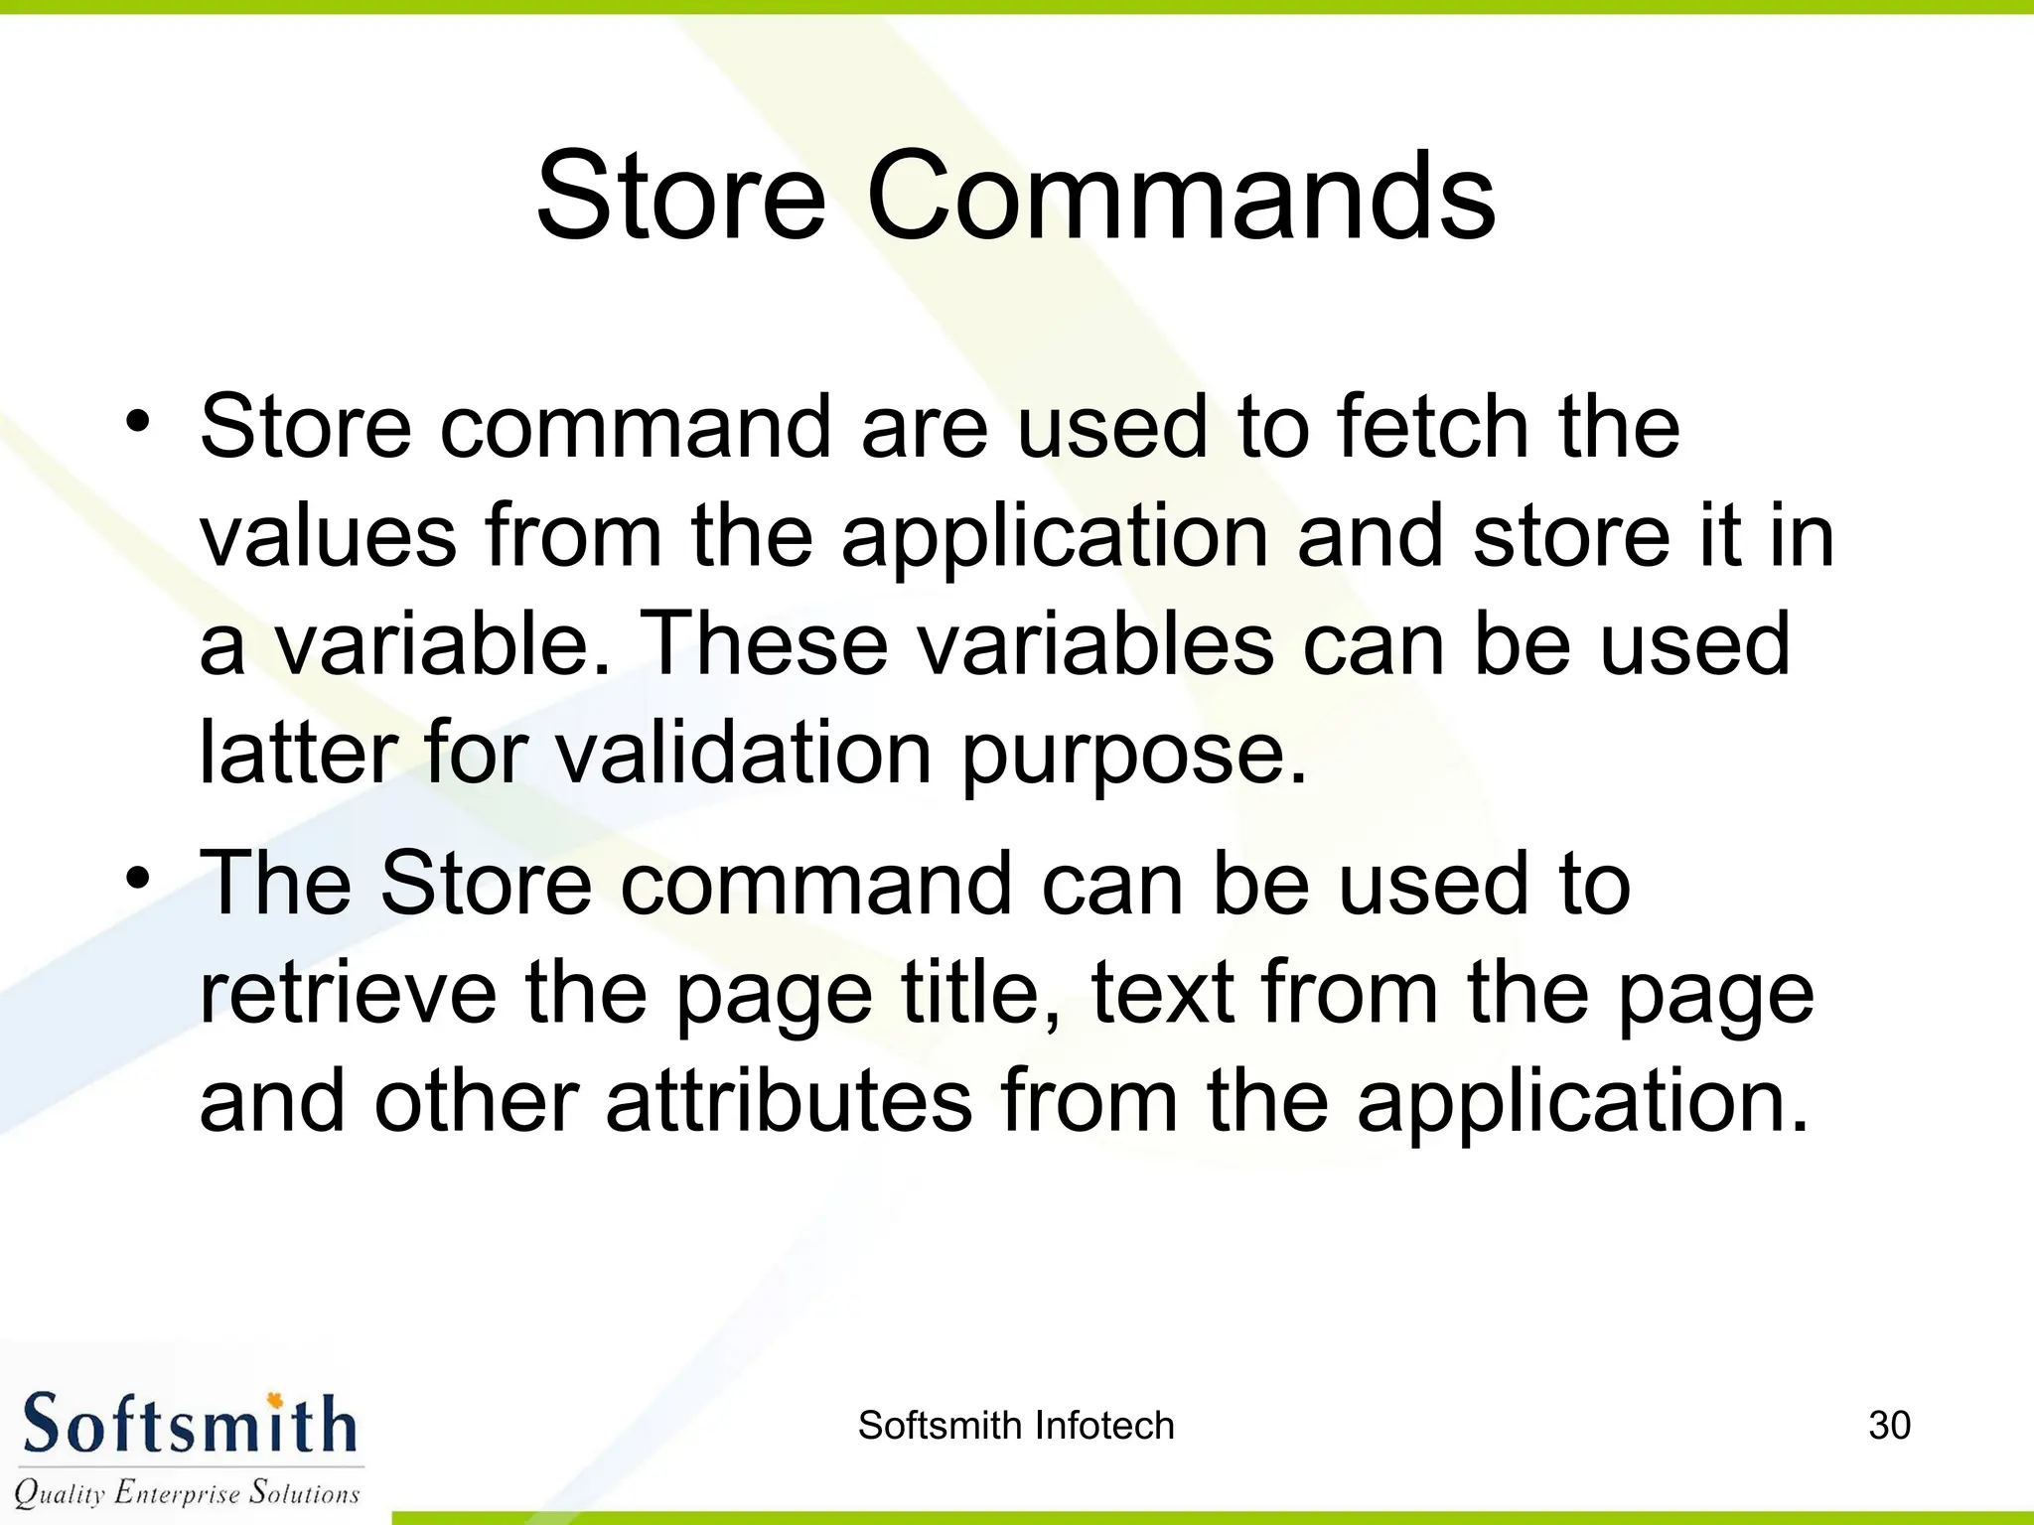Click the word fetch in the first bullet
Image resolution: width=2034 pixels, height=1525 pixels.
pyautogui.click(x=1432, y=427)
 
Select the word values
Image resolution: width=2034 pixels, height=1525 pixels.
pyautogui.click(x=328, y=536)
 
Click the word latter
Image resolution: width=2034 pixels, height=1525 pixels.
pyautogui.click(x=298, y=753)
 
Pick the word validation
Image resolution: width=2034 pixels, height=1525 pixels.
pyautogui.click(x=743, y=753)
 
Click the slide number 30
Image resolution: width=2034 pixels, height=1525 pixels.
pyautogui.click(x=1889, y=1426)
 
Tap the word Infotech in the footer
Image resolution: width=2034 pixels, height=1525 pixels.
pyautogui.click(x=1104, y=1426)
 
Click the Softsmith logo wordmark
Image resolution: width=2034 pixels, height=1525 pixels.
pyautogui.click(x=189, y=1424)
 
